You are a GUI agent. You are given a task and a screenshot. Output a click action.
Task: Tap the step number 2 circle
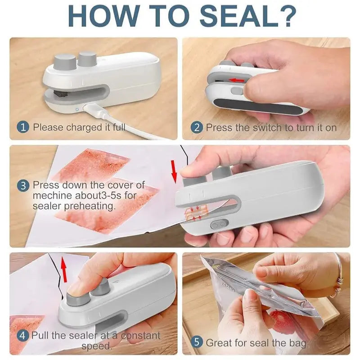tap(197, 127)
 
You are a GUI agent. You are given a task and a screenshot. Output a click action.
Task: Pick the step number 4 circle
tap(24, 335)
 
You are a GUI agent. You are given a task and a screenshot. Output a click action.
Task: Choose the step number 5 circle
tap(197, 342)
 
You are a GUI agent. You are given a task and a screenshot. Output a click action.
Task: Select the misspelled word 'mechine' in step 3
tap(51, 195)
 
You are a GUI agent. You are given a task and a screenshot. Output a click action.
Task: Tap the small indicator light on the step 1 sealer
tap(77, 108)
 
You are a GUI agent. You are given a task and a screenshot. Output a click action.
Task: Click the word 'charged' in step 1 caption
tap(85, 127)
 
